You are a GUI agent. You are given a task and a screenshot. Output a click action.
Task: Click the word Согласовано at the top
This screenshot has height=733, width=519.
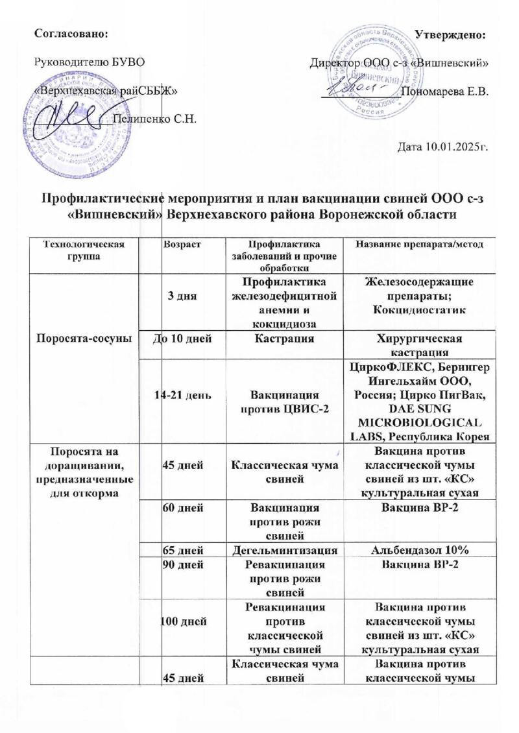70,32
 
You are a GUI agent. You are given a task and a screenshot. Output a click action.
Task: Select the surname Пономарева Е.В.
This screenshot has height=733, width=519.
445,91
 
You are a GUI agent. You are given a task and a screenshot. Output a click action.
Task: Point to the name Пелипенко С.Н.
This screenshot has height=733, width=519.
154,118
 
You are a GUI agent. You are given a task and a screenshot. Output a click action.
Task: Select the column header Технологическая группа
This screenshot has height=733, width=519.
80,248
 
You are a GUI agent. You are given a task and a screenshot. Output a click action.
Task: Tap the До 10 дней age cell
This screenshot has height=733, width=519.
181,339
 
